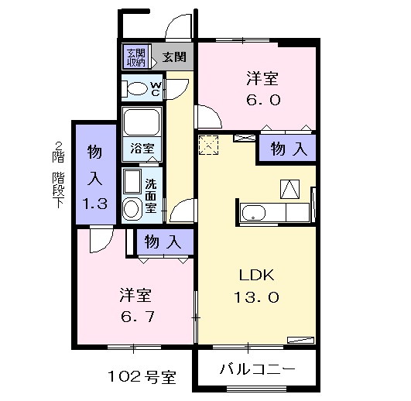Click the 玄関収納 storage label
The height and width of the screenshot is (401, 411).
click(x=136, y=57)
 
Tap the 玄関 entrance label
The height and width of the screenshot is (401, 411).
click(x=174, y=57)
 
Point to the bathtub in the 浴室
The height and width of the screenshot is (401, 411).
click(x=142, y=122)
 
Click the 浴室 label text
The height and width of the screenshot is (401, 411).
click(x=142, y=147)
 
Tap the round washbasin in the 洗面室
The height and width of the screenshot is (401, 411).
click(x=132, y=207)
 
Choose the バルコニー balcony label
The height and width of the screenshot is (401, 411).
click(x=257, y=369)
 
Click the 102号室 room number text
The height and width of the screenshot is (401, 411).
click(x=141, y=379)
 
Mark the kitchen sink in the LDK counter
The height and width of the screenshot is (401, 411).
click(x=253, y=212)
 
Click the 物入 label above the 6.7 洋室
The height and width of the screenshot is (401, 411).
click(x=163, y=242)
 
